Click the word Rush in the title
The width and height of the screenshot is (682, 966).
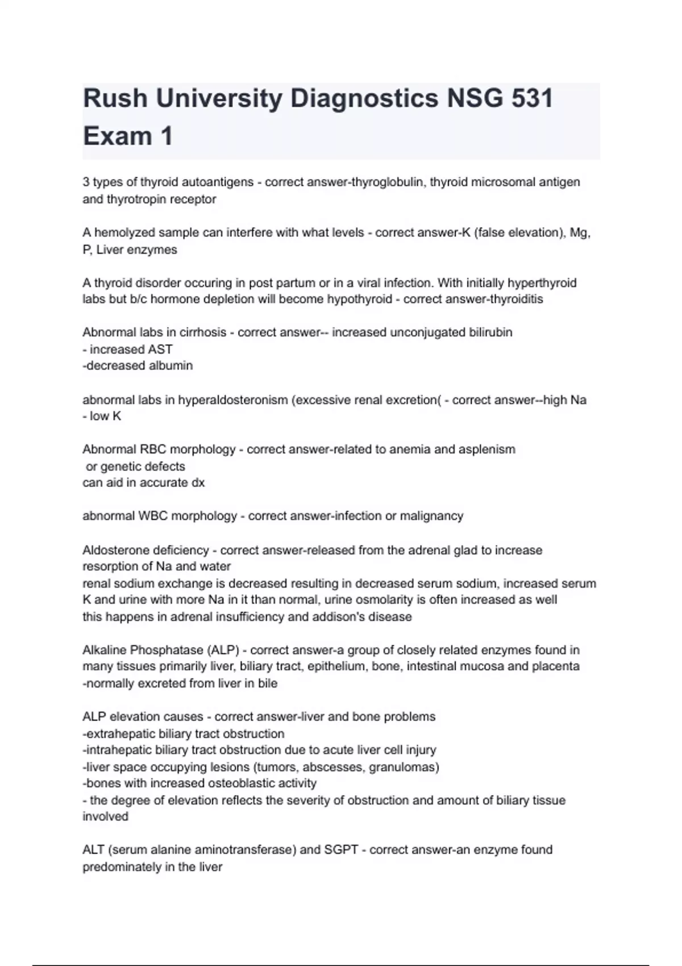115,99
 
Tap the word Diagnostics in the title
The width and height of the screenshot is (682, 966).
364,99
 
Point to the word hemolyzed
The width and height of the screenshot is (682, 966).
122,232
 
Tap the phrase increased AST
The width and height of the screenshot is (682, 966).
131,349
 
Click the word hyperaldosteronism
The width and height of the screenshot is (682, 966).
233,400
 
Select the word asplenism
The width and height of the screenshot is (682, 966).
487,449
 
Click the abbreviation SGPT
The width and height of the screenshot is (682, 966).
341,850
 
